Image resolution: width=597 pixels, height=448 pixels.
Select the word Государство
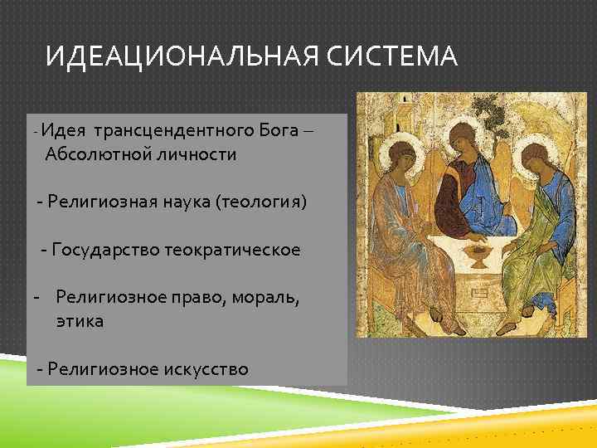(104, 250)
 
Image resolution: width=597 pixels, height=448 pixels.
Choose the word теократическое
(231, 250)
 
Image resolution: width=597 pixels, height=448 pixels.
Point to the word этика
(80, 321)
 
